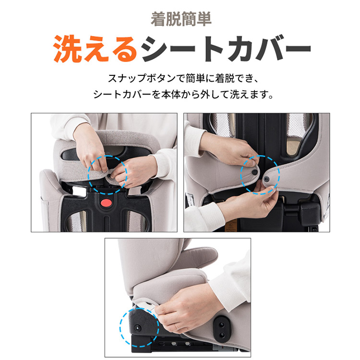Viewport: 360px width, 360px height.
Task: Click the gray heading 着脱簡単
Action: [181, 19]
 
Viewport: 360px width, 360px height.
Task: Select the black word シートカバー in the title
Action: [226, 48]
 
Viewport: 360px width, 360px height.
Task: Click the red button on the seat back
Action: [106, 203]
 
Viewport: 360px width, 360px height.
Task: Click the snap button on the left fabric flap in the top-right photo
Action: [254, 172]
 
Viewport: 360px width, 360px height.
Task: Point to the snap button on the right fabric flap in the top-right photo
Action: [266, 180]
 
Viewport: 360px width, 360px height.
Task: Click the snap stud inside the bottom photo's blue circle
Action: [138, 328]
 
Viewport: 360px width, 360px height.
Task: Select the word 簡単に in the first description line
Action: [200, 79]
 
